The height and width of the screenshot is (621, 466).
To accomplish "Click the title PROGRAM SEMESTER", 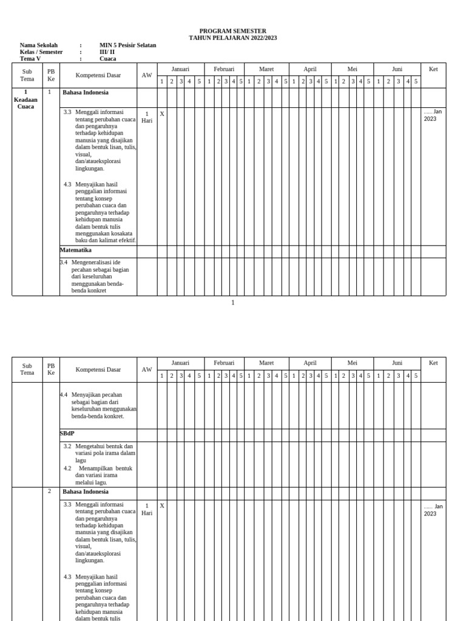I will coord(232,31).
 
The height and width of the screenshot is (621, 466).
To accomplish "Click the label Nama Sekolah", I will coord(39,45).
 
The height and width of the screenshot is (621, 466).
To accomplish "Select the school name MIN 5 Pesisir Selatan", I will coord(127,45).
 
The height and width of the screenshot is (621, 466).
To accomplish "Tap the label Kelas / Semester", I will coord(41,52).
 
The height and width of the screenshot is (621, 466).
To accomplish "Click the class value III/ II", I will coord(107,52).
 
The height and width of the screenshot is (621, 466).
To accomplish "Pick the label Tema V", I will coord(30,59).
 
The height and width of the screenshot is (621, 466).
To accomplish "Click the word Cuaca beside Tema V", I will coord(108,59).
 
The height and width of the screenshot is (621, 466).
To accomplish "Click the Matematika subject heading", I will coord(76,249).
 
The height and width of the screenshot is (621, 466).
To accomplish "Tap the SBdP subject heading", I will coord(67,434).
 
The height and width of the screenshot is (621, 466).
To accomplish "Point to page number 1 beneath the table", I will coord(232,303).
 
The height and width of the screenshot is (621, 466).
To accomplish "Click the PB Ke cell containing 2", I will coord(50,491).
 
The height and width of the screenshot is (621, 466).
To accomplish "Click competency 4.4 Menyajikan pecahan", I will coord(98,405).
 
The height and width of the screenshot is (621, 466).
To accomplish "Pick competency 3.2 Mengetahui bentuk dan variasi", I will coord(100,453).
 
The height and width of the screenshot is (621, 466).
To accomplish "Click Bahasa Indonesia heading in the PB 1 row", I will coord(86,93).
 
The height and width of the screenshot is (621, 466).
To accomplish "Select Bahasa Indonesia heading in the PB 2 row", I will coord(86,492).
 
